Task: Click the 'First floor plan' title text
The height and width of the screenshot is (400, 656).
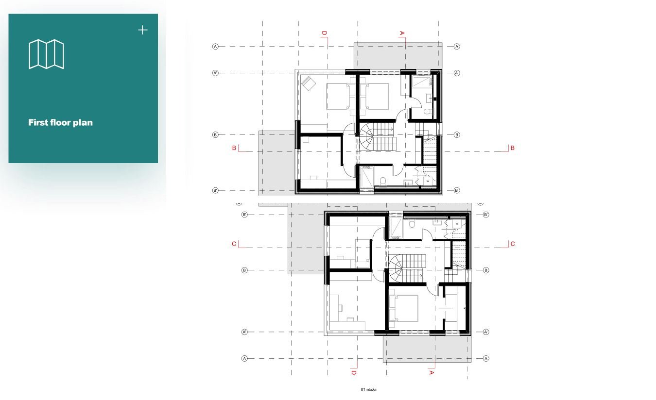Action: (x=60, y=123)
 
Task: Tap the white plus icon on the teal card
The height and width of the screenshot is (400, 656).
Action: (x=143, y=30)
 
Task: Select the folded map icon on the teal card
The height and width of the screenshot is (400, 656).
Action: (x=46, y=54)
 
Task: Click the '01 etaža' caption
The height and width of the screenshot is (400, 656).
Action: (x=368, y=389)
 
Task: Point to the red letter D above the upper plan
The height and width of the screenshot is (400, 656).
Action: (x=324, y=33)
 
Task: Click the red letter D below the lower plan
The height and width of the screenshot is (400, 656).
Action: (x=353, y=373)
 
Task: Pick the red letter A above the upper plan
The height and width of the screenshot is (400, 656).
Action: (x=402, y=33)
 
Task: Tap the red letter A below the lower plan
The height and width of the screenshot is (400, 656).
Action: (x=431, y=373)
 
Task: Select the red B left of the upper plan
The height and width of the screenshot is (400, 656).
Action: (x=234, y=148)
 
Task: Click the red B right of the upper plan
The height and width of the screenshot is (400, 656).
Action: (x=512, y=148)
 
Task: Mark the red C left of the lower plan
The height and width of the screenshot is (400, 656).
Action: (x=234, y=244)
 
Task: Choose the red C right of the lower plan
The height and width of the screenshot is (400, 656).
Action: (x=513, y=244)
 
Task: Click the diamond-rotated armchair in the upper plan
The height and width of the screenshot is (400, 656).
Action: (x=309, y=83)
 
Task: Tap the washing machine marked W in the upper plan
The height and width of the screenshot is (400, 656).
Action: (x=428, y=181)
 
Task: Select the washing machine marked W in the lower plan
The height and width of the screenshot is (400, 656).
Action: (x=457, y=224)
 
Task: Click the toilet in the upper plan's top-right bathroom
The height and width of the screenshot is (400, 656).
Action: (x=427, y=111)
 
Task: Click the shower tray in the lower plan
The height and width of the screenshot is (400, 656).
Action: (x=396, y=228)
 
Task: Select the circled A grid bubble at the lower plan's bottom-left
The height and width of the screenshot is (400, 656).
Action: (x=244, y=358)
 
